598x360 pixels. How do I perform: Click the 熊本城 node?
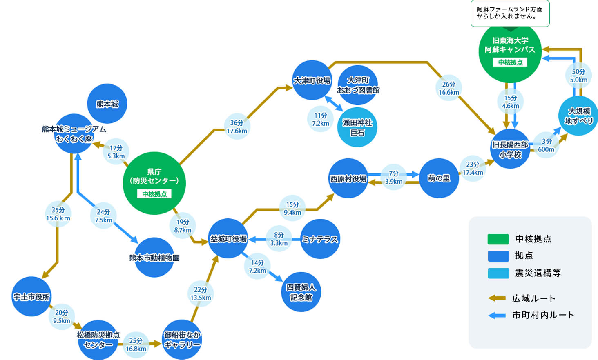(107, 104)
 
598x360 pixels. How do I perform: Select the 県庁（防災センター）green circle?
(154, 183)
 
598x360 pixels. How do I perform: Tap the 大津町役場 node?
(312, 80)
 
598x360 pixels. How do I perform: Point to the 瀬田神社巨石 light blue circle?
(357, 127)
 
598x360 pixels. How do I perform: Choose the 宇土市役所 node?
(31, 296)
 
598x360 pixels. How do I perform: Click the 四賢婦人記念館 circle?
(301, 292)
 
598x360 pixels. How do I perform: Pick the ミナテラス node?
(320, 239)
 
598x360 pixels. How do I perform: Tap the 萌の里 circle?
(439, 178)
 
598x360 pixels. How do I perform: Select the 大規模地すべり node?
(578, 116)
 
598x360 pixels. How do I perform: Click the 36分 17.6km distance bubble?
(237, 127)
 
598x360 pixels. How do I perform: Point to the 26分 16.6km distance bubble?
(448, 88)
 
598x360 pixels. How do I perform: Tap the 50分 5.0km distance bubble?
(578, 76)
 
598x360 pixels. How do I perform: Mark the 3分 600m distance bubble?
(546, 145)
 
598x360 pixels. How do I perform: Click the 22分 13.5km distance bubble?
(201, 293)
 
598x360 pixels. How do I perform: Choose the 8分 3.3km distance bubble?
(279, 239)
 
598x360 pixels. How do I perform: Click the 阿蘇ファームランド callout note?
(510, 13)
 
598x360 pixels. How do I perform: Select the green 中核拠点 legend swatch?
(498, 239)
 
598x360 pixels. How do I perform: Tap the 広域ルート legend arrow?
(497, 298)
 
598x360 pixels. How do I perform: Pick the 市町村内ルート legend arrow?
(497, 315)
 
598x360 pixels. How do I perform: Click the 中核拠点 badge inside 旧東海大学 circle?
(510, 62)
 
